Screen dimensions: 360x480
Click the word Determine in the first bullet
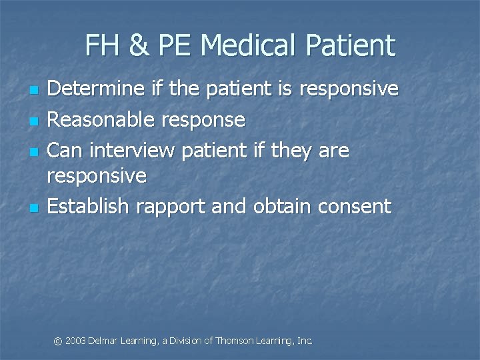[97, 89]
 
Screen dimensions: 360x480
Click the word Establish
[88, 207]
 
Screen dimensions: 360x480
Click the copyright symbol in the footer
[58, 341]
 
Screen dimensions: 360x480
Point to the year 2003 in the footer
[75, 341]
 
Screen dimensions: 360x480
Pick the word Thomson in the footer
[235, 341]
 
